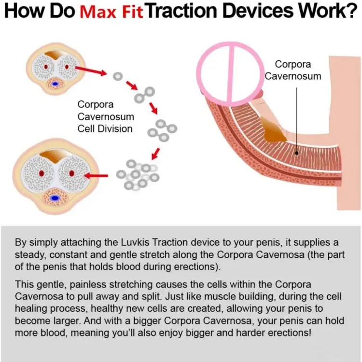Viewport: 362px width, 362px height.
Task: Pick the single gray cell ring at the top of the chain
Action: [117, 76]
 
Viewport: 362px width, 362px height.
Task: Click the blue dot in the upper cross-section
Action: [55, 84]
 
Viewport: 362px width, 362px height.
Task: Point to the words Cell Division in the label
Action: [105, 128]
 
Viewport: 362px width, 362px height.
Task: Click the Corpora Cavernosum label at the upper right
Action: [292, 70]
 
